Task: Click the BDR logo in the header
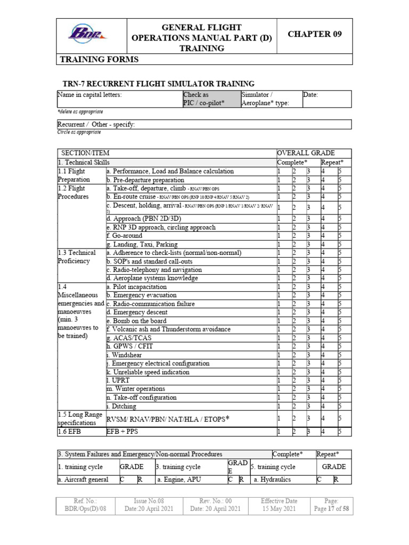coord(87,35)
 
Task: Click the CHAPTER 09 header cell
coord(314,34)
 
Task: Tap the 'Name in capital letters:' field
coord(119,99)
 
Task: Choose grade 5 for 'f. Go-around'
coord(340,236)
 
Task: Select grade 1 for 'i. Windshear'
coord(279,355)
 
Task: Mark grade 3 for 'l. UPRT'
coord(308,381)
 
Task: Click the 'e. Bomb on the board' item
coord(136,321)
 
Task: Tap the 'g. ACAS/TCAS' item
coord(128,338)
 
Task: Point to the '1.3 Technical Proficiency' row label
coord(77,257)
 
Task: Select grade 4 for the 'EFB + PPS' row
coord(323,432)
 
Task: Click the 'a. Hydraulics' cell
coord(272,480)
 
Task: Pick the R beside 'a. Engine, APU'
coord(241,480)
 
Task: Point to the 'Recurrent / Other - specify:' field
coord(96,125)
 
